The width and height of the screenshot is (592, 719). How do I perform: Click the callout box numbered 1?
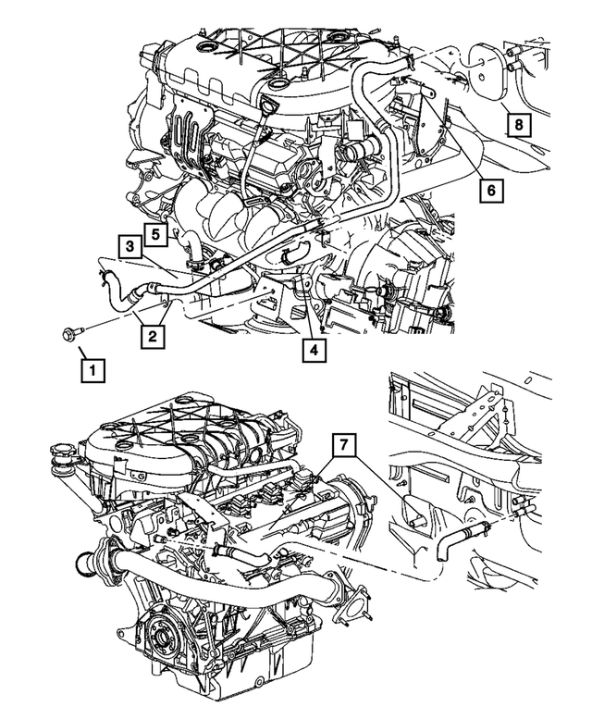[x=91, y=370]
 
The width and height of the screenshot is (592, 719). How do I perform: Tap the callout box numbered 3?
[x=129, y=246]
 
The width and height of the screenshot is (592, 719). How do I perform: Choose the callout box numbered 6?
[x=491, y=190]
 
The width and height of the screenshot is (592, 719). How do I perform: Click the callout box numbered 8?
[x=519, y=123]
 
